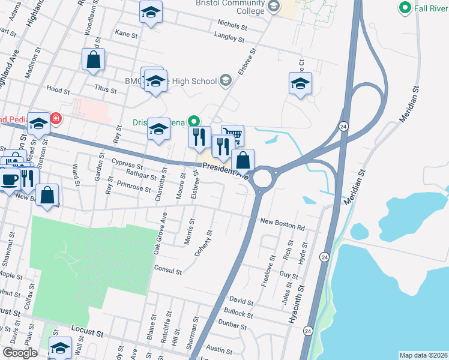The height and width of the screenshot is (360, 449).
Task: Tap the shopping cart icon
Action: click(x=233, y=135)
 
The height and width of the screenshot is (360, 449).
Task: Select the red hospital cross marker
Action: click(x=56, y=119)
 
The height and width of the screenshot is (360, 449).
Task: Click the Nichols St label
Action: click(x=233, y=26)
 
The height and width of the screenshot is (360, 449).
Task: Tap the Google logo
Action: click(x=20, y=353)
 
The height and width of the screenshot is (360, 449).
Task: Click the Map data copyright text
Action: click(x=423, y=355)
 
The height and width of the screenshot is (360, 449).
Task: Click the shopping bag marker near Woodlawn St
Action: click(x=93, y=59)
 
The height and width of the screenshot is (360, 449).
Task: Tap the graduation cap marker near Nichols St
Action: click(x=151, y=11)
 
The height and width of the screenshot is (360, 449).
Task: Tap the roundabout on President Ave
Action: click(x=262, y=178)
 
